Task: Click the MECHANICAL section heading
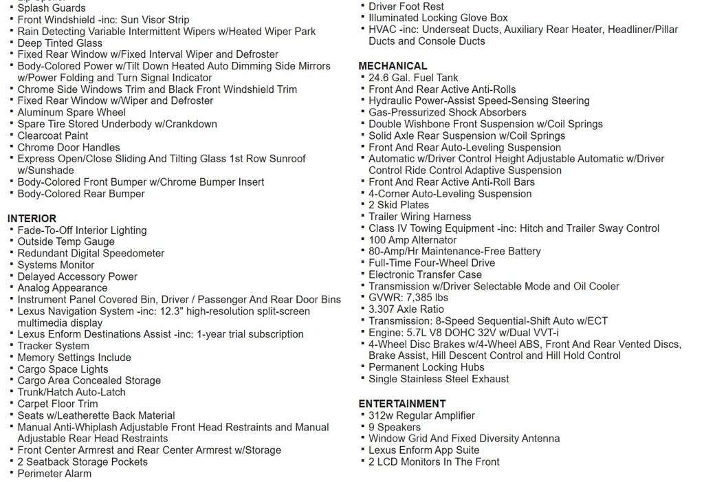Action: tap(393, 66)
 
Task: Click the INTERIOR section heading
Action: tap(32, 219)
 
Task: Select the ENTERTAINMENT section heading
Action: tap(402, 404)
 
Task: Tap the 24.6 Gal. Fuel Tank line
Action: tap(413, 78)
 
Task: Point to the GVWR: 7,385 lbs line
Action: tap(408, 298)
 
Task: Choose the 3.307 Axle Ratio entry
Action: tap(406, 309)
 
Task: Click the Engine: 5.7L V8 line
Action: tap(463, 333)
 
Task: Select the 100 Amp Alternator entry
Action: tap(412, 240)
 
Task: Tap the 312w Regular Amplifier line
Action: tap(421, 415)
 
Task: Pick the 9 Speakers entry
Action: tap(395, 427)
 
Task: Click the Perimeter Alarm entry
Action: tap(54, 473)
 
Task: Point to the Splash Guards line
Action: tap(52, 8)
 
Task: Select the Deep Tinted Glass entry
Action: tap(60, 43)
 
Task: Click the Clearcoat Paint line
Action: tap(53, 135)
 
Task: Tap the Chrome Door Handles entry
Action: tap(69, 147)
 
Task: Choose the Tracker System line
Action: tap(54, 346)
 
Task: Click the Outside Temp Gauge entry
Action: tap(66, 241)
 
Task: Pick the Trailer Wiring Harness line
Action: tap(419, 217)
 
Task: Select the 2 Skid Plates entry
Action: tap(399, 205)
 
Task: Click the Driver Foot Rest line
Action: tap(406, 6)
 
